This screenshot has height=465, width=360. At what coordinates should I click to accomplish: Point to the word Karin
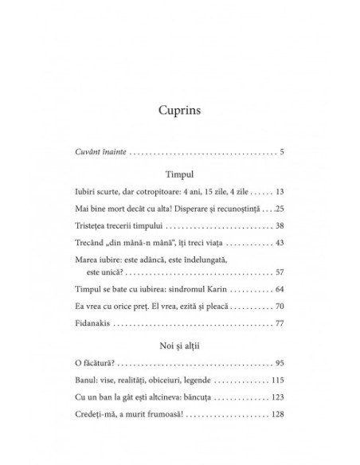click(x=221, y=291)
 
